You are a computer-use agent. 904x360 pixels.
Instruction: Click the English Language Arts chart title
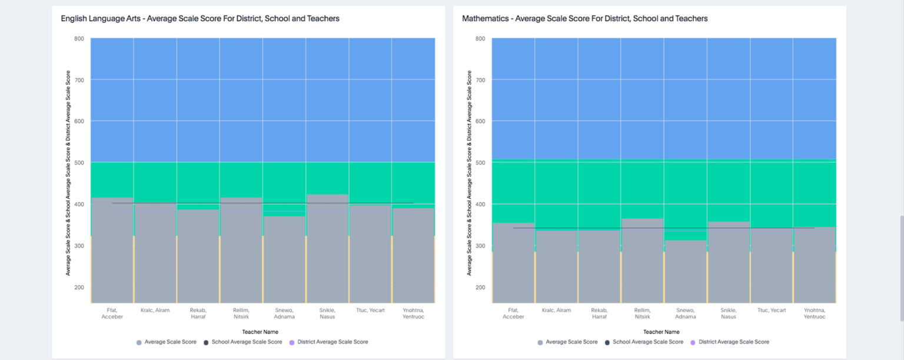tap(200, 19)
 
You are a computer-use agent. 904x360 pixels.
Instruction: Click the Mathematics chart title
tap(584, 19)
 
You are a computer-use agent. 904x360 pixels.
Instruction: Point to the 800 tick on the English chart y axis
tap(79, 39)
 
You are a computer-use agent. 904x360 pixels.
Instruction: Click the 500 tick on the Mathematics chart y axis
tap(480, 162)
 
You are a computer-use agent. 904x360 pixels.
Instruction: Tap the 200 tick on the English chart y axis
tap(79, 287)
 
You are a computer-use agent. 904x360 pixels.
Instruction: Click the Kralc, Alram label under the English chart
tap(155, 310)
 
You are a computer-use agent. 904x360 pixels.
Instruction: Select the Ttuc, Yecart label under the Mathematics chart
tap(771, 310)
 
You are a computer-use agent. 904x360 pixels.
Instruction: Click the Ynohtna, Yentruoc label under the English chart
tap(413, 313)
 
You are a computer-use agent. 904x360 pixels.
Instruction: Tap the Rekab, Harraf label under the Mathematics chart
tap(599, 313)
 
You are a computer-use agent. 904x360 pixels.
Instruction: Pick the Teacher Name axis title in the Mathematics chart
tap(662, 332)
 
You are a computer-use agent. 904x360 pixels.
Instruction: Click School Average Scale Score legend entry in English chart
tap(247, 342)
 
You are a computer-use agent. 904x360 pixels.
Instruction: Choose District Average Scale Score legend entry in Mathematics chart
tap(733, 342)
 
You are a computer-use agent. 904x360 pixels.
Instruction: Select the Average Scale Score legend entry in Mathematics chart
tap(571, 342)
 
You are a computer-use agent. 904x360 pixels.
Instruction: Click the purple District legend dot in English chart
tap(292, 342)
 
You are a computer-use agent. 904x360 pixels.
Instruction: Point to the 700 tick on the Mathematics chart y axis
tap(480, 80)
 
